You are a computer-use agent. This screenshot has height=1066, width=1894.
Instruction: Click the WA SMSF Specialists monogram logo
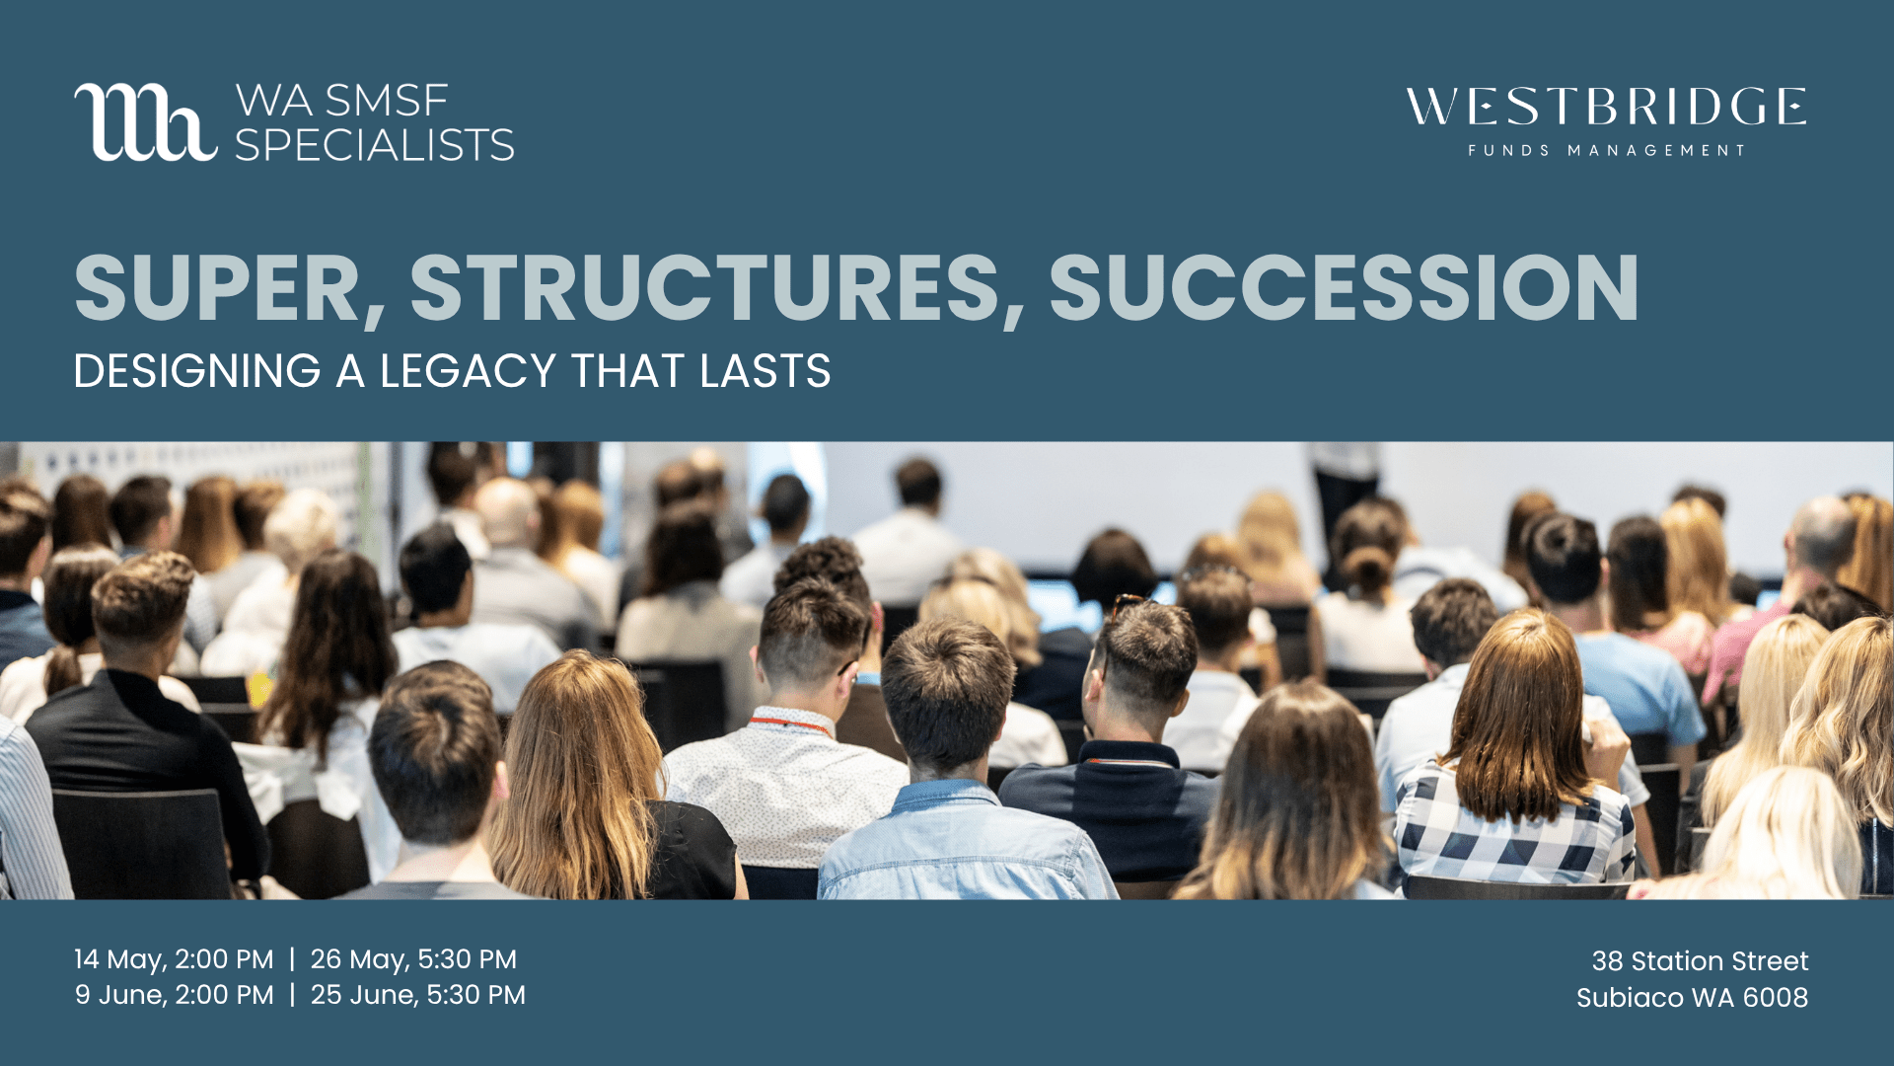click(x=144, y=122)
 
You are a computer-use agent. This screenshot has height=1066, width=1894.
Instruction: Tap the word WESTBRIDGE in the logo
click(x=1606, y=107)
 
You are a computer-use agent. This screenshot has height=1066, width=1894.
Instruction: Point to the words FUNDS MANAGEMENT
click(x=1606, y=151)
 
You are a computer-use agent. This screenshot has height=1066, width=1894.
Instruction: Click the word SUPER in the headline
click(x=217, y=288)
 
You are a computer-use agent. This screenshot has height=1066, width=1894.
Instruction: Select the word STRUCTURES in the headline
click(x=704, y=288)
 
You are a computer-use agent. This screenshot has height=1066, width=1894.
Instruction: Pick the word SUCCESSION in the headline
click(x=1344, y=288)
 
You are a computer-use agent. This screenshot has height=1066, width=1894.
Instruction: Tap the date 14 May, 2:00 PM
click(x=174, y=959)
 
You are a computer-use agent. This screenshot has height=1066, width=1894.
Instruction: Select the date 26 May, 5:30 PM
click(x=413, y=959)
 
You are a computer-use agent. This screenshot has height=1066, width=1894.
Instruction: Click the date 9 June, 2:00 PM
click(x=175, y=995)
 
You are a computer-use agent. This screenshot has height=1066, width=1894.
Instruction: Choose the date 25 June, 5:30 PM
click(x=418, y=995)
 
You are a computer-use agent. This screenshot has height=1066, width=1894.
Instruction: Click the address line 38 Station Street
click(x=1700, y=961)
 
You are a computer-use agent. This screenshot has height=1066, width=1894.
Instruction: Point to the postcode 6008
click(x=1775, y=998)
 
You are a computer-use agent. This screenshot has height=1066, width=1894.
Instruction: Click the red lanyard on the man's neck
click(x=789, y=724)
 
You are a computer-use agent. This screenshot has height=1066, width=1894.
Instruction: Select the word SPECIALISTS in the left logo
click(x=375, y=146)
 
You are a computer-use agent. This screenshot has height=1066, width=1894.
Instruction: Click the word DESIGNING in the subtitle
click(x=197, y=371)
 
